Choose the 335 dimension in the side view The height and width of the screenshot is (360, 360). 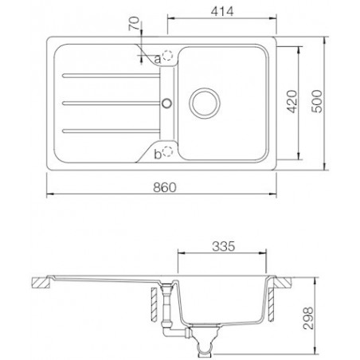pyautogui.click(x=224, y=248)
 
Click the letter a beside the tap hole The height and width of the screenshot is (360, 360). pyautogui.click(x=157, y=58)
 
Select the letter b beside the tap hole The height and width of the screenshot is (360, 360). pyautogui.click(x=158, y=151)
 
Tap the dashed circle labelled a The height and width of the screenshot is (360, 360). pyautogui.click(x=168, y=58)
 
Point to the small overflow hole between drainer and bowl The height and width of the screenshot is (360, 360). pyautogui.click(x=166, y=102)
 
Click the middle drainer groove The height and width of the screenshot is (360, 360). pyautogui.click(x=108, y=102)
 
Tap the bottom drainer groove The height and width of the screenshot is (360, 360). pyautogui.click(x=108, y=130)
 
